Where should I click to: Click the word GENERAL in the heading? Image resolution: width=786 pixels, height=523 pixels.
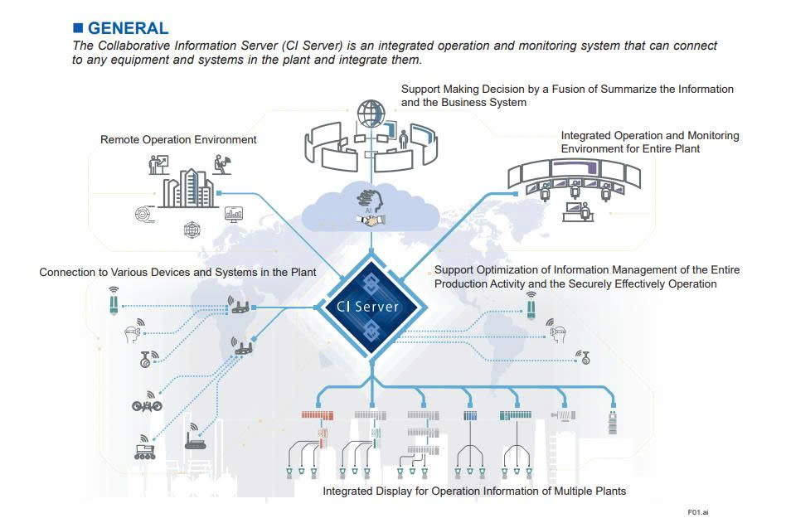pyautogui.click(x=128, y=29)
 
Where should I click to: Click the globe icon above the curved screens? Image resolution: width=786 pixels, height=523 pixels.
pyautogui.click(x=371, y=111)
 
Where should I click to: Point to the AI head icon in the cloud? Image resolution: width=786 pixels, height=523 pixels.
pyautogui.click(x=367, y=197)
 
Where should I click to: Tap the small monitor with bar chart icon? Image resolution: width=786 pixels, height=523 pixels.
pyautogui.click(x=234, y=213)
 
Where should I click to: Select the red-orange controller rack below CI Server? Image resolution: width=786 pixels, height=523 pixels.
pyautogui.click(x=316, y=414)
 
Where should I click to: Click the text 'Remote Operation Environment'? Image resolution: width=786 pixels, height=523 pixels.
pyautogui.click(x=178, y=140)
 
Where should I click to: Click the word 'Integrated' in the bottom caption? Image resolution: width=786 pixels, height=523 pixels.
pyautogui.click(x=348, y=491)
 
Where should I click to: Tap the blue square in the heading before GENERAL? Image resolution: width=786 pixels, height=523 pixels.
pyautogui.click(x=78, y=29)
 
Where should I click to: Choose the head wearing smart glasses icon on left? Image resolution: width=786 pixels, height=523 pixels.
pyautogui.click(x=129, y=333)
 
